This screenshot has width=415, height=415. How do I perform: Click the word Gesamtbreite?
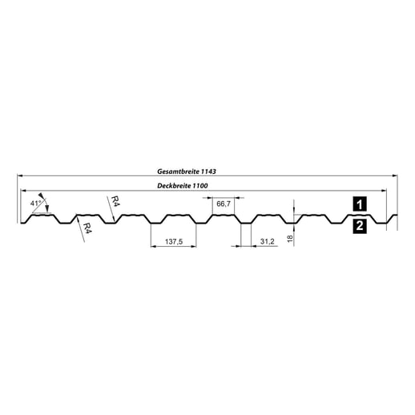[x=176, y=171]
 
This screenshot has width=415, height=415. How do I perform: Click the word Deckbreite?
[x=179, y=186]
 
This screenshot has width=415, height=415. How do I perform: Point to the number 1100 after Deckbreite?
[x=207, y=186]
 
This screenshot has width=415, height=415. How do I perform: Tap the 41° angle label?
[x=34, y=203]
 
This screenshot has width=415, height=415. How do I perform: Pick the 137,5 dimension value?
[x=173, y=240]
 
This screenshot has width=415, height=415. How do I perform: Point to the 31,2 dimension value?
[x=267, y=240]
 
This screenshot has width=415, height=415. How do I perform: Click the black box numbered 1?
[x=360, y=203]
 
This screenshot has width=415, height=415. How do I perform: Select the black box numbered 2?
[x=360, y=227]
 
